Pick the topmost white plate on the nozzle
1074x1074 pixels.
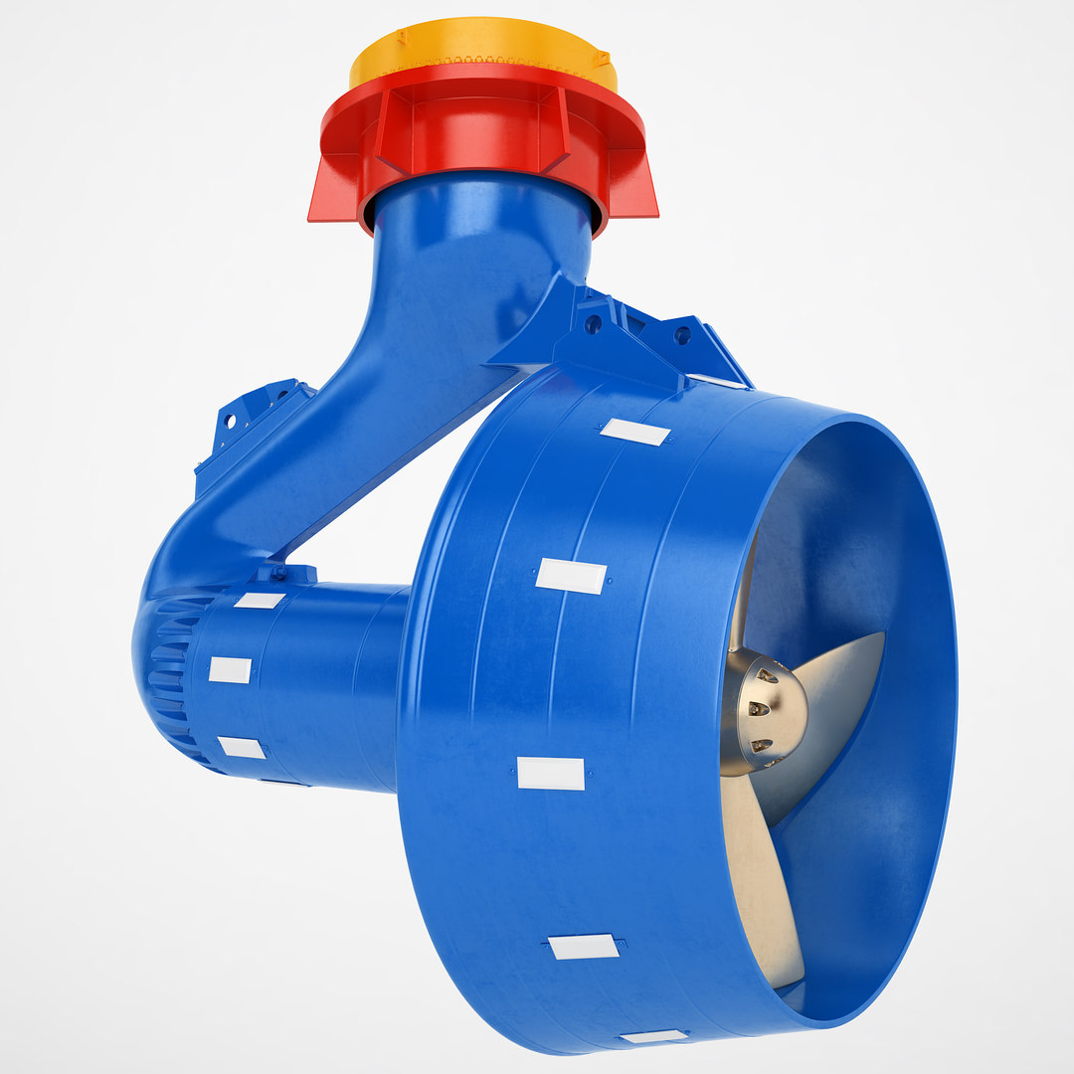(x=634, y=432)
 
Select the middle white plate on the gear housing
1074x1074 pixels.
(x=230, y=669)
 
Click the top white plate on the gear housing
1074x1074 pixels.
(x=259, y=601)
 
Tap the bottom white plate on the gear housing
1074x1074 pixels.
(x=242, y=747)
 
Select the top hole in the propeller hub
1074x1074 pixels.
(x=766, y=676)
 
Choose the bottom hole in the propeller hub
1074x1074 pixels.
(x=760, y=745)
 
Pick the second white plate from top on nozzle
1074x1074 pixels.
(x=571, y=576)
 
